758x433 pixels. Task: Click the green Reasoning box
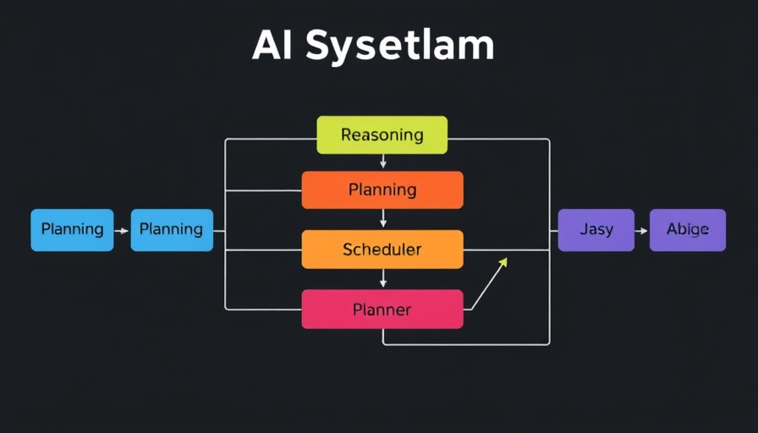(382, 134)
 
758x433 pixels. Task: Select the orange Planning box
(382, 189)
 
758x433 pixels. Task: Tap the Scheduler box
(382, 249)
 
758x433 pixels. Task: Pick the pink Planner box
(382, 310)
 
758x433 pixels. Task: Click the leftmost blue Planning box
(72, 229)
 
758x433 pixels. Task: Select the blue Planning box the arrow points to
(172, 229)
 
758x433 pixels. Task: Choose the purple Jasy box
(596, 230)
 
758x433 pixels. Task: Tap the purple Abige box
(687, 230)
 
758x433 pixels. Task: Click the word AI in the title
(272, 47)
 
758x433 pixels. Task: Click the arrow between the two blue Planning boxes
(122, 230)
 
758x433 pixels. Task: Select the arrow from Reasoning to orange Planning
(383, 162)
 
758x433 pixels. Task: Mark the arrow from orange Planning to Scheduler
(383, 219)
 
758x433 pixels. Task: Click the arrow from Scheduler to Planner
(383, 279)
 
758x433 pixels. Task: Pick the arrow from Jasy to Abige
(641, 230)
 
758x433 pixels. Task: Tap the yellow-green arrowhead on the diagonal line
(503, 263)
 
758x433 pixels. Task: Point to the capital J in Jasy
(584, 229)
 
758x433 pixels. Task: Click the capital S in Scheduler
(348, 249)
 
